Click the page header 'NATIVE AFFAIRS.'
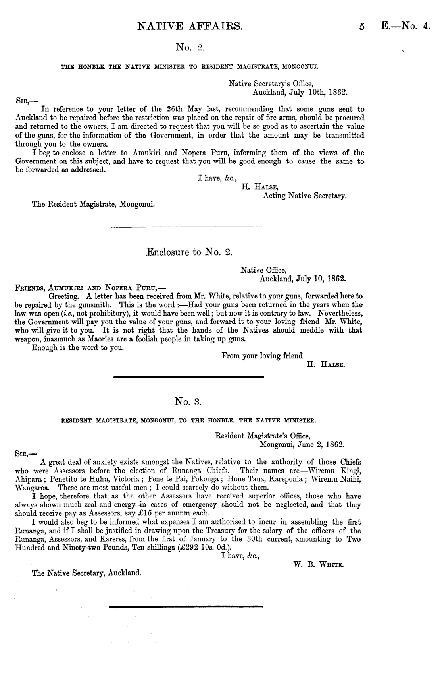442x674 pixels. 189,27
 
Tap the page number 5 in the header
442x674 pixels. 361,27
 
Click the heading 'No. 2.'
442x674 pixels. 189,48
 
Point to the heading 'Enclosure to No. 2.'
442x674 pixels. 189,252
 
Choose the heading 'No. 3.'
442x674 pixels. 189,402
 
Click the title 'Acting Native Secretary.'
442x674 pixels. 305,196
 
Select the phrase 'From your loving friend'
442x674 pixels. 262,356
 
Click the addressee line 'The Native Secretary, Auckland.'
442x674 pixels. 86,573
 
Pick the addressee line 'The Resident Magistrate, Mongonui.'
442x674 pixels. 93,205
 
